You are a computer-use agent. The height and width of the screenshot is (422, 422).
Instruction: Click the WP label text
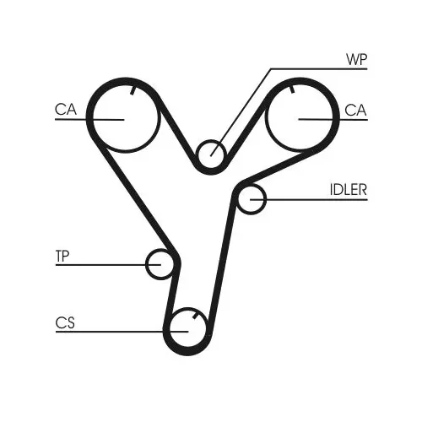click(356, 59)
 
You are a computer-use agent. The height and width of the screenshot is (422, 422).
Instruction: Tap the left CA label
click(66, 110)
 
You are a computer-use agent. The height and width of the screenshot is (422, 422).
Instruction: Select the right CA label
click(355, 110)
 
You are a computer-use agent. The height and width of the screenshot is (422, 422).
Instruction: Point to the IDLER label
click(349, 190)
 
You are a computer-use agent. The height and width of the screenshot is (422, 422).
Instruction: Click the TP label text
click(62, 256)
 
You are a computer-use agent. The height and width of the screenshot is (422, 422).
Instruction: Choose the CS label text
click(65, 323)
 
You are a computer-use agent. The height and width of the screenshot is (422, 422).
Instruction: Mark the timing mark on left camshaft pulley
click(133, 90)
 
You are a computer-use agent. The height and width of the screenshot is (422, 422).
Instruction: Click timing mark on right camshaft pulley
click(292, 89)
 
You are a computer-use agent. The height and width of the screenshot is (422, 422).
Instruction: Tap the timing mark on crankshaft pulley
click(196, 316)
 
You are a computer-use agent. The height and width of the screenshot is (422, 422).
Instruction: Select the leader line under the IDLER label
click(309, 199)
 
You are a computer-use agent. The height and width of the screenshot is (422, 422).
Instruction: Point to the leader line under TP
click(108, 265)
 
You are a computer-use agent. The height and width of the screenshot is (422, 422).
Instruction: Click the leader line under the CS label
click(122, 332)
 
